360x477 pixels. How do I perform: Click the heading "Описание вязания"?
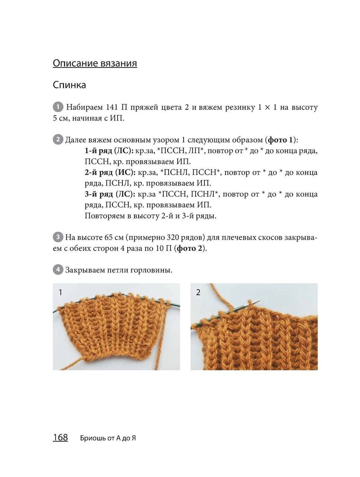[x=95, y=63]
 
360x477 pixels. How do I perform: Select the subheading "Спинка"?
[x=69, y=85]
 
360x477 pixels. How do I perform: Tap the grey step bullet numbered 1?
[x=58, y=107]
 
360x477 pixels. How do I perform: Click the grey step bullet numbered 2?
[x=58, y=140]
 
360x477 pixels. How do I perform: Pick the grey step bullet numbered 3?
[x=58, y=237]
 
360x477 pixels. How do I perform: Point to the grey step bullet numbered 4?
[x=58, y=269]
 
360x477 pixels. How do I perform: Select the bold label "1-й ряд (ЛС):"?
[x=109, y=151]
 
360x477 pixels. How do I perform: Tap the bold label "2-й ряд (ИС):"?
[x=110, y=173]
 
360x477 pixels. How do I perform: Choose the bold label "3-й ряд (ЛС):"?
[x=110, y=194]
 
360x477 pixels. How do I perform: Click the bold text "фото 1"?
[x=280, y=140]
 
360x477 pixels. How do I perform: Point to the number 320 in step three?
[x=174, y=237]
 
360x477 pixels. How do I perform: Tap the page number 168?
[x=60, y=437]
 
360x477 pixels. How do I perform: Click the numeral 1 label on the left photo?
[x=60, y=293]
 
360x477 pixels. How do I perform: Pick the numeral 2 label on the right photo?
[x=198, y=293]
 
